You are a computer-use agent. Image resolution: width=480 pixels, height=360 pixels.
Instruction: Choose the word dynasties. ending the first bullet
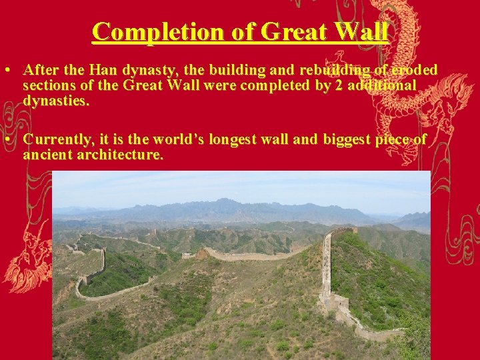[x=56, y=101]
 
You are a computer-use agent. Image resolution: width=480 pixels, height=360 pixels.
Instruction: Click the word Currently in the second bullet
[x=57, y=139]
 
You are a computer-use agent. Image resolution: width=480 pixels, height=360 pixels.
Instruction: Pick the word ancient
[x=43, y=155]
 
